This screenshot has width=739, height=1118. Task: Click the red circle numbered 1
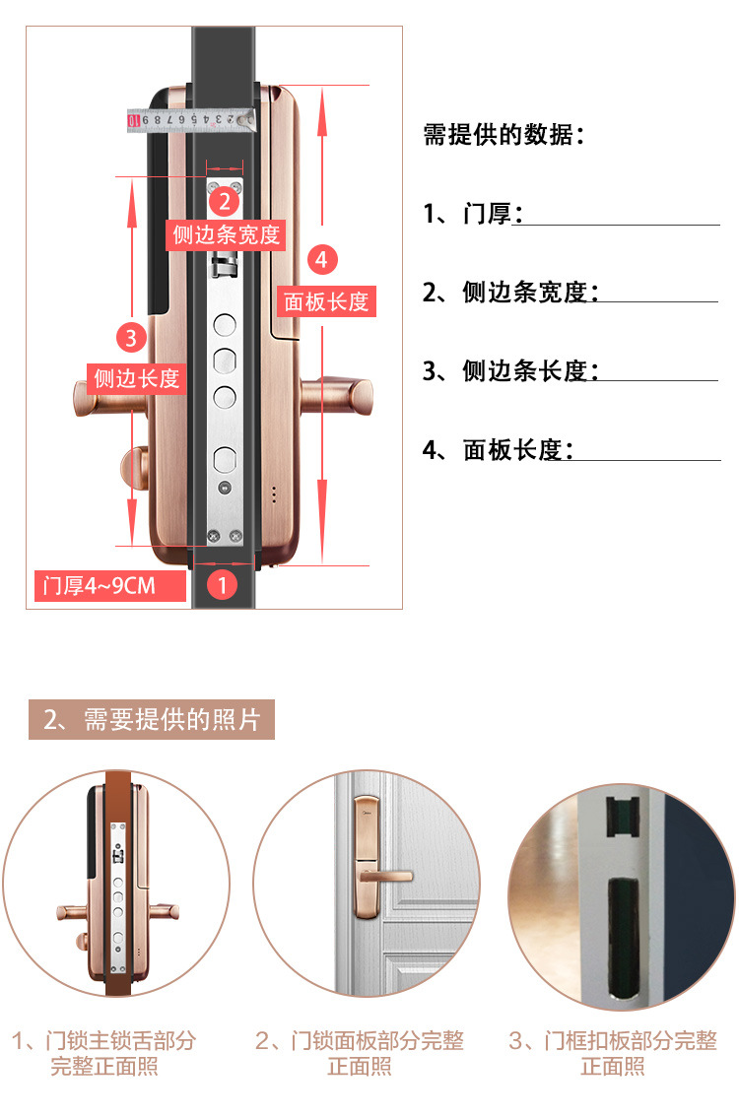point(222,585)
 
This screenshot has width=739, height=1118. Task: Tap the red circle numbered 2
point(225,202)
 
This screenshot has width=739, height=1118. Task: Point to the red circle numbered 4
point(322,261)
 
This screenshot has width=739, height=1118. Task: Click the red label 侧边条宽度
point(227,234)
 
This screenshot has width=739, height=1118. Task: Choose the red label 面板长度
point(326,301)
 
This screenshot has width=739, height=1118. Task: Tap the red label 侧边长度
point(137,377)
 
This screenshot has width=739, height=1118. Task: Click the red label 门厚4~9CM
point(108,586)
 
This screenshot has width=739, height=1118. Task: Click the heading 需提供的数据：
point(504,135)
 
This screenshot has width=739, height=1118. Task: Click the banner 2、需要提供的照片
point(151,720)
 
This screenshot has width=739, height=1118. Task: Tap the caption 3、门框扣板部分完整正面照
point(612,1053)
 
